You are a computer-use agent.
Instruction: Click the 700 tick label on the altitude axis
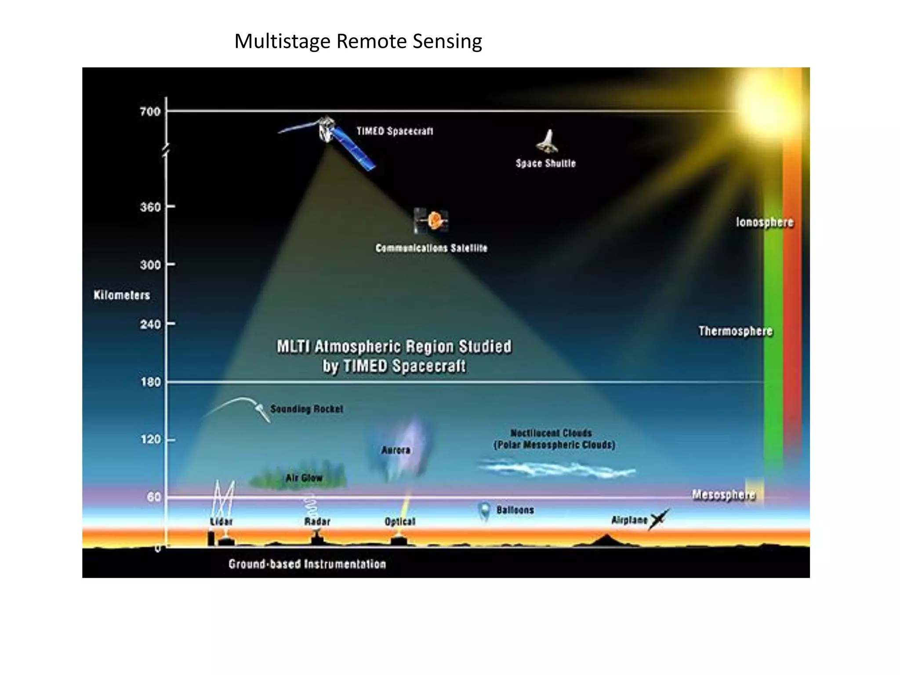pos(150,112)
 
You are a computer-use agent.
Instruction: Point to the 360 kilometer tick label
pos(150,207)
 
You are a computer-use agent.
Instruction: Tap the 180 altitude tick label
pos(151,382)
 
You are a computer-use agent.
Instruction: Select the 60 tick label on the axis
pos(154,497)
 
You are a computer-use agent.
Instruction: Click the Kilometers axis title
pos(122,295)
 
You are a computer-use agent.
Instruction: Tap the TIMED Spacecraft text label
pos(395,131)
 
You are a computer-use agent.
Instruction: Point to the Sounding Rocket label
pos(306,409)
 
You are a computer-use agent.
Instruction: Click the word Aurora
pos(396,450)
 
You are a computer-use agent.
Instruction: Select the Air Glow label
pos(304,478)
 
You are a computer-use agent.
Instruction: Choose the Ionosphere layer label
pos(765,222)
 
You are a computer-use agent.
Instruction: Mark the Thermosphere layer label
pos(735,331)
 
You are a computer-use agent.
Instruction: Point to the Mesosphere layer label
pos(723,495)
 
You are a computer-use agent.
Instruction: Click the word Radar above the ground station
pos(317,522)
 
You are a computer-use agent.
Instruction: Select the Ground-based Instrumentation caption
pos(307,564)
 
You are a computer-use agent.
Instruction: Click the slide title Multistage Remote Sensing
pos(358,41)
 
